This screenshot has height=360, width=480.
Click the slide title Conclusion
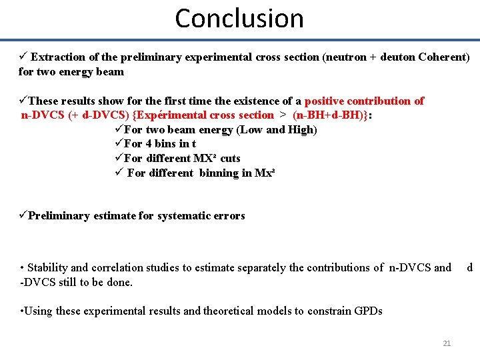point(239,18)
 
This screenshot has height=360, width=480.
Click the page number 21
point(447,343)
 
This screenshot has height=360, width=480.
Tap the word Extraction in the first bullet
point(57,57)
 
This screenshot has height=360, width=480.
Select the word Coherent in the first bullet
point(443,57)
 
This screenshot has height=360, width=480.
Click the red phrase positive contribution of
point(364,101)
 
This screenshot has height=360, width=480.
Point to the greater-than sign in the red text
point(283,115)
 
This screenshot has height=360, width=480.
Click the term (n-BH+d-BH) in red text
point(329,115)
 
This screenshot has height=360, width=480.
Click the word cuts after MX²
point(230,159)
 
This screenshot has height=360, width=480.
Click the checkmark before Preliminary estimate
point(23,215)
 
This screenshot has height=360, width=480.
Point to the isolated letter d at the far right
point(469,268)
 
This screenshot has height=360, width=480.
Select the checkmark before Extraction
point(23,57)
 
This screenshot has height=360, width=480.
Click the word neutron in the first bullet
point(345,57)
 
